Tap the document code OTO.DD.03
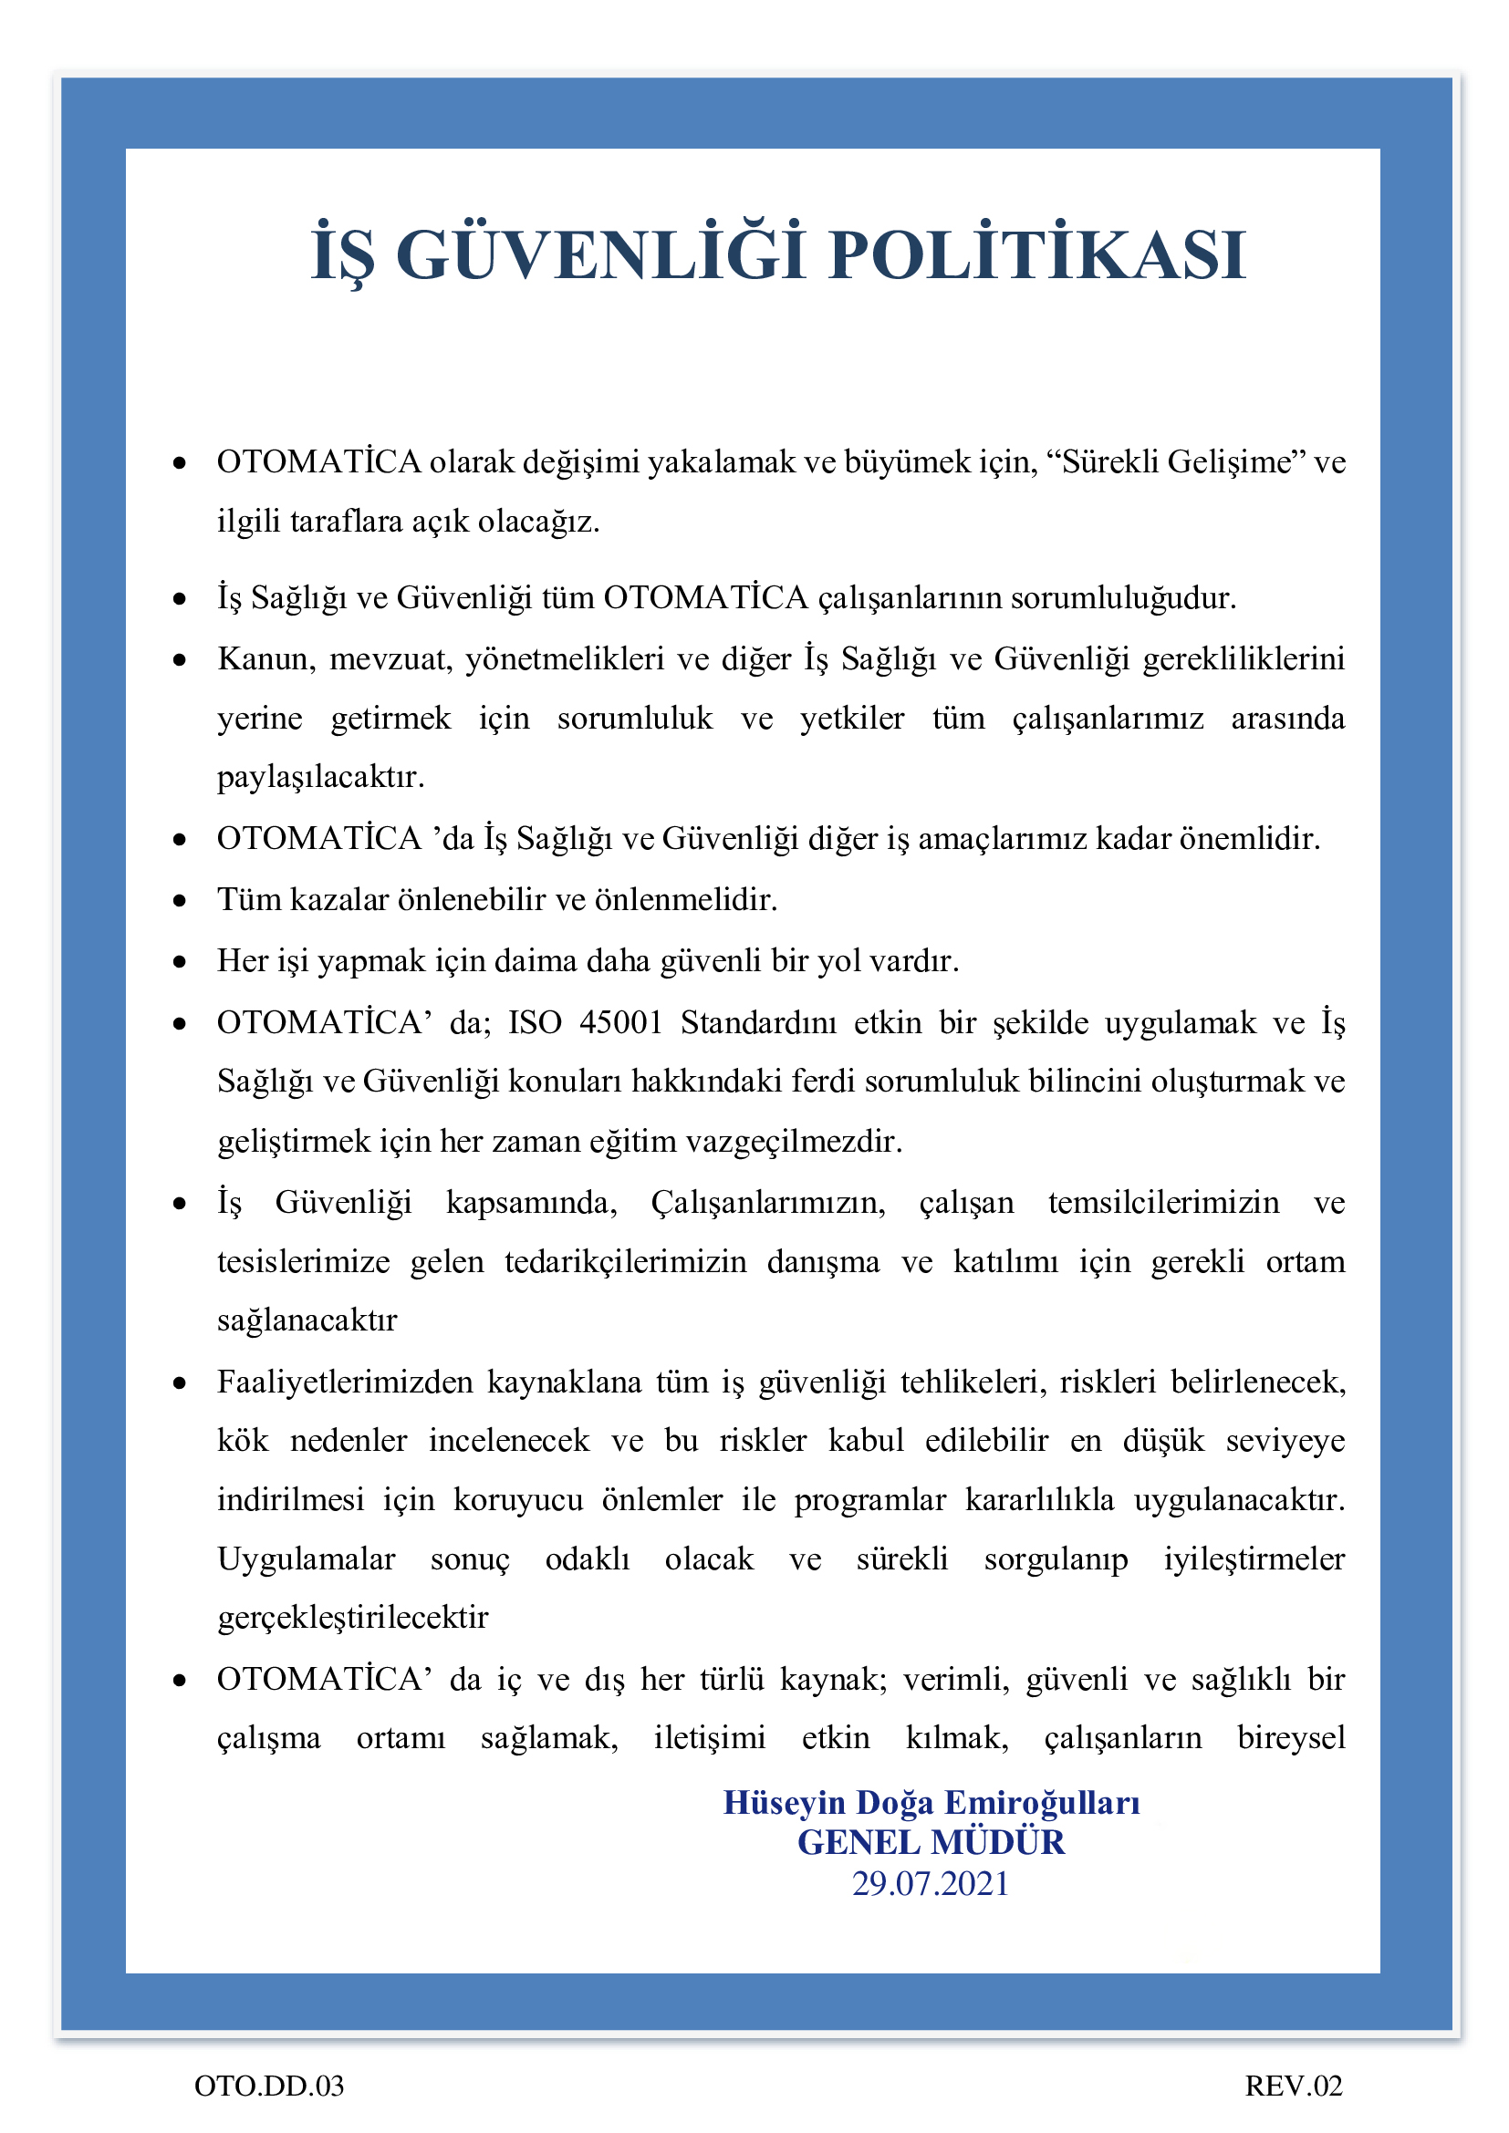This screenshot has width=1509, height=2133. (268, 2086)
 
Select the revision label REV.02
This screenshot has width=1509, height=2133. (1294, 2086)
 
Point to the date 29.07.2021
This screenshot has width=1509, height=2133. (930, 1883)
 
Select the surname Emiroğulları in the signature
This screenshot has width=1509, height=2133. (1042, 1802)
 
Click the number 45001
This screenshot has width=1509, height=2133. (619, 1022)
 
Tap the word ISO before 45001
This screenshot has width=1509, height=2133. (535, 1022)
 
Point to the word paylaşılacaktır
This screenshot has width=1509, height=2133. (320, 777)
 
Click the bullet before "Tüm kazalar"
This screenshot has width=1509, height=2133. (180, 901)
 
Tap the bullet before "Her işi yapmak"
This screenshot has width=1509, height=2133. (180, 962)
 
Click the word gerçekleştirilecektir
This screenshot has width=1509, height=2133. (352, 1618)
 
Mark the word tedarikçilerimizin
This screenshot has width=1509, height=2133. (625, 1261)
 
